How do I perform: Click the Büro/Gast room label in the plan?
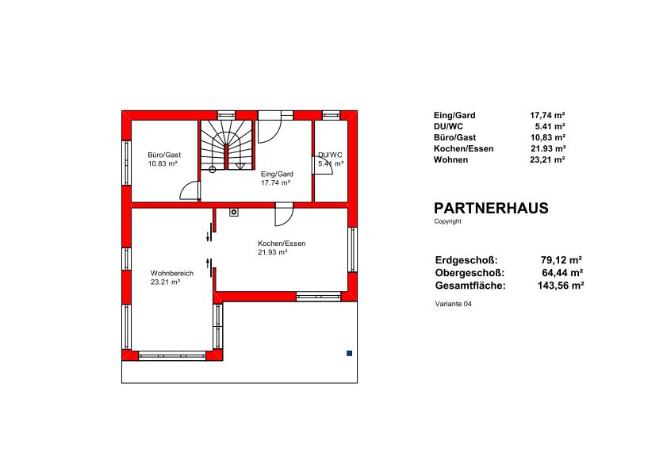click(x=164, y=155)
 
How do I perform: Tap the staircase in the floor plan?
click(x=227, y=144)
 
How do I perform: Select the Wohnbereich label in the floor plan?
click(x=172, y=273)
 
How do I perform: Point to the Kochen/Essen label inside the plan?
click(x=282, y=244)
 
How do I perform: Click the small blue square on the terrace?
click(x=349, y=353)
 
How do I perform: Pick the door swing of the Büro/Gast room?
click(x=190, y=190)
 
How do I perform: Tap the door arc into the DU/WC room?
click(x=320, y=165)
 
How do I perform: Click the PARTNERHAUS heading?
click(x=491, y=208)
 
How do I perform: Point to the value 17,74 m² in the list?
click(x=547, y=115)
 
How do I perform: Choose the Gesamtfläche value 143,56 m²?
click(x=560, y=286)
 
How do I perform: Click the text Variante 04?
click(x=453, y=304)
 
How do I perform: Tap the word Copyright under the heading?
click(x=447, y=221)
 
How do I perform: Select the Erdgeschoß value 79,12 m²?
click(x=561, y=260)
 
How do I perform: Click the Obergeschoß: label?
click(x=470, y=273)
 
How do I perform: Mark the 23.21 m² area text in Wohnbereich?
click(x=166, y=282)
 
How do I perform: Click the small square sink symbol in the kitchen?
click(x=233, y=212)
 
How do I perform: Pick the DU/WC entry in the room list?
click(x=448, y=126)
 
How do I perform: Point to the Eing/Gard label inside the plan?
click(x=277, y=174)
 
